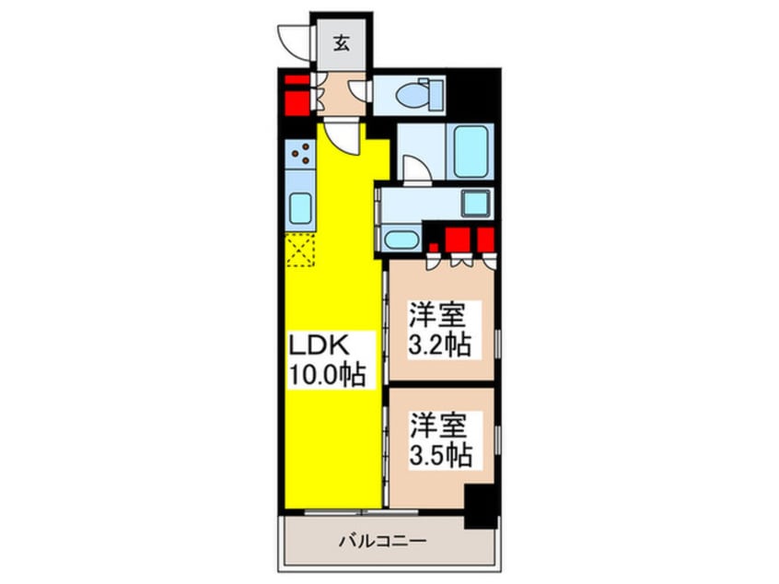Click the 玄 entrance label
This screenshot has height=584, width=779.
(x=341, y=42)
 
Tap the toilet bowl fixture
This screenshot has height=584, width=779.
(x=424, y=94)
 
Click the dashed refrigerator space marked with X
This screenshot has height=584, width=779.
(x=300, y=250)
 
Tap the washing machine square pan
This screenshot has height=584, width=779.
(x=476, y=203)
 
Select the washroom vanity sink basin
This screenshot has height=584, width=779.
(x=401, y=241)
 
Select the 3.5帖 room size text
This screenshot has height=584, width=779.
(x=441, y=455)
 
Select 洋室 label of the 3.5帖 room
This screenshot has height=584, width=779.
(x=441, y=427)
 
